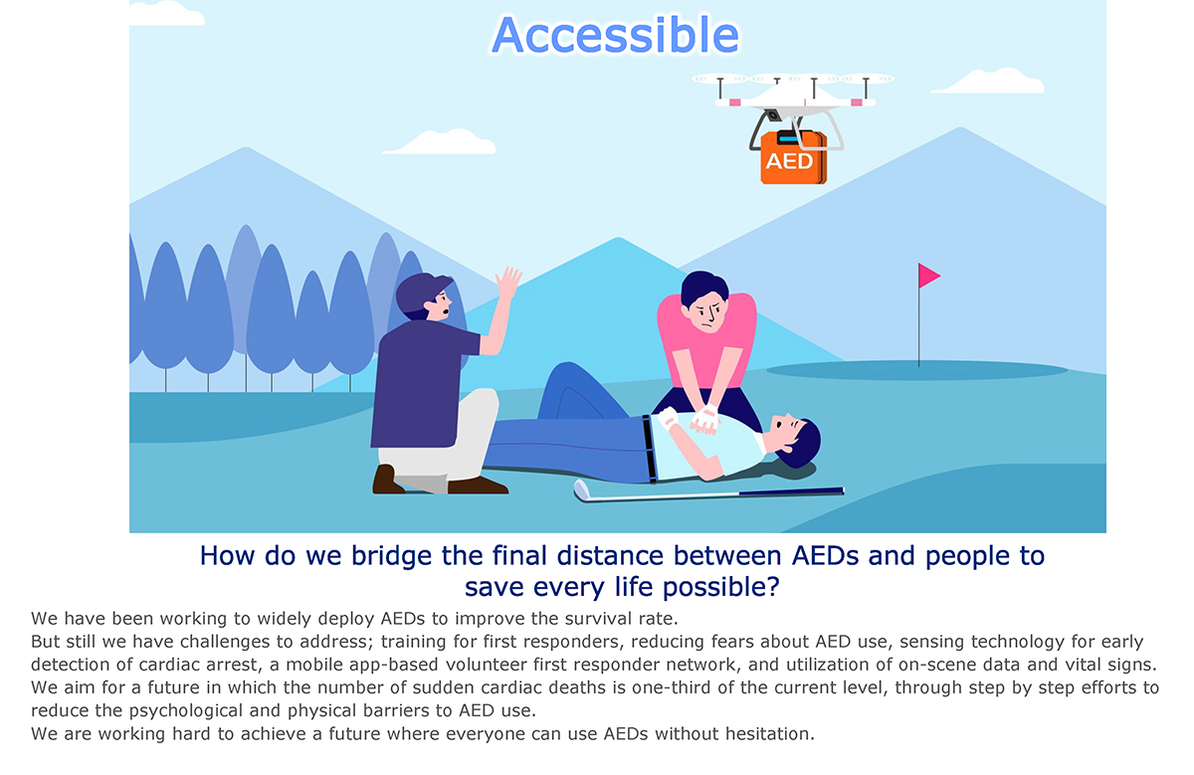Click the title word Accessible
pyautogui.click(x=616, y=35)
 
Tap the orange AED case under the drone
pyautogui.click(x=793, y=158)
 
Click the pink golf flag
pyautogui.click(x=928, y=276)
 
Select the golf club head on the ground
pyautogui.click(x=581, y=490)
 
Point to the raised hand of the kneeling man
pyautogui.click(x=508, y=283)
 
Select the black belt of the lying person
pyautogui.click(x=649, y=449)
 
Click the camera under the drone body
pyautogui.click(x=772, y=114)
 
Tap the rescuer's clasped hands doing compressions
pyautogui.click(x=705, y=419)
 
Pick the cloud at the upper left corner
pyautogui.click(x=166, y=13)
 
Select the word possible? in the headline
pyautogui.click(x=721, y=587)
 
